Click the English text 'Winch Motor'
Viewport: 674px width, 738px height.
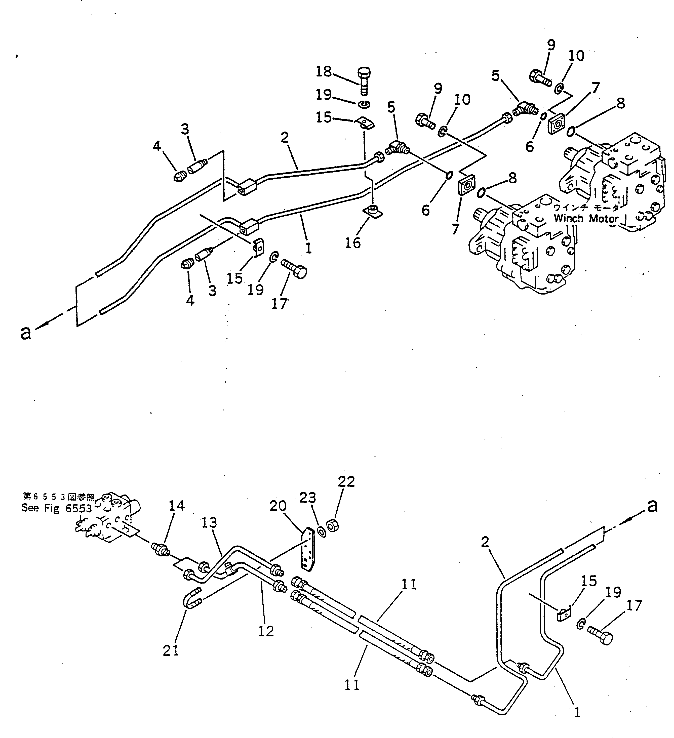tap(586, 219)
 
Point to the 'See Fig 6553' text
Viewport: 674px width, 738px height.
tap(57, 508)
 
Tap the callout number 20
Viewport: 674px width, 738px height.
tap(278, 506)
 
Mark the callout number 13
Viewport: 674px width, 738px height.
tap(209, 522)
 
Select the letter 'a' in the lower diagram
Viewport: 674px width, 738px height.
tap(652, 506)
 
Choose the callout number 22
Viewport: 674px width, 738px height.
tap(346, 481)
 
